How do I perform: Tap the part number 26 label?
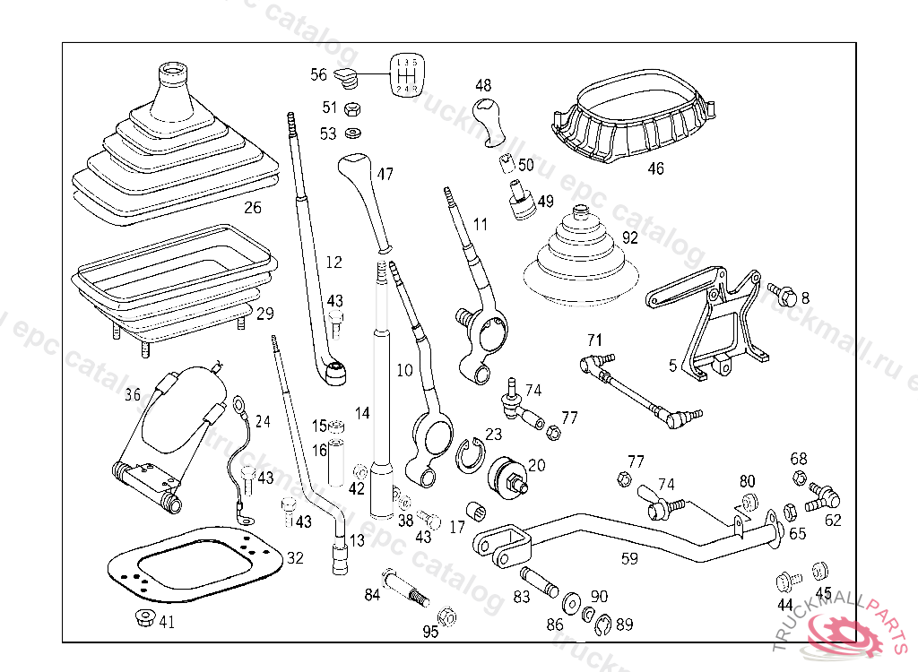point(252,208)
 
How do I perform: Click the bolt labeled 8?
point(783,294)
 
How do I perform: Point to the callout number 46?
point(655,168)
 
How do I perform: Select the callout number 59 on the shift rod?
point(630,558)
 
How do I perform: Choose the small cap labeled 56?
point(347,75)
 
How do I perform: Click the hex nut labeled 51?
point(352,110)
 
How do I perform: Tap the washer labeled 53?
point(352,134)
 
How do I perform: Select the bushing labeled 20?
point(507,475)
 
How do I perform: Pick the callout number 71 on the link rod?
point(593,340)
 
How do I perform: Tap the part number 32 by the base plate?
point(295,557)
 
